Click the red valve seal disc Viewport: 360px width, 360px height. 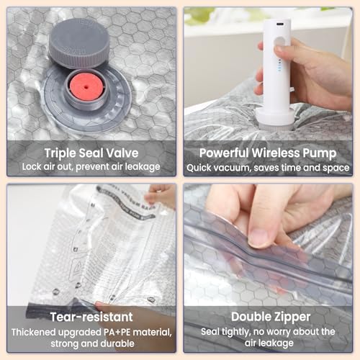tap(86, 86)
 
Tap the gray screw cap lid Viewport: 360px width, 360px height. tap(79, 43)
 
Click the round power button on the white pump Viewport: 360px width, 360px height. tap(279, 42)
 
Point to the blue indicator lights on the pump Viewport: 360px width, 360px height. tap(279, 66)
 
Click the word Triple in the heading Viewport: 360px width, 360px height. tap(60, 153)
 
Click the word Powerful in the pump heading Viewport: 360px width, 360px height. tap(224, 153)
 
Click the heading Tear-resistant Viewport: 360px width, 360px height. tap(91, 317)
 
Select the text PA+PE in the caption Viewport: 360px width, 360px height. tap(117, 332)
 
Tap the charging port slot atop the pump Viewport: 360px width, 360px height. tap(279, 24)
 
